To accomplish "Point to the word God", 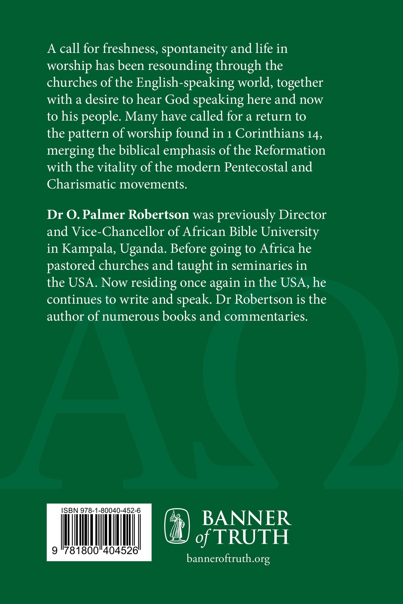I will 177,100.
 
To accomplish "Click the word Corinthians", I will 270,134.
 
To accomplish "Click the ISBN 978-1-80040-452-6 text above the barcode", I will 101,511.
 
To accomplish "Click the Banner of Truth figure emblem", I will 177,526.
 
